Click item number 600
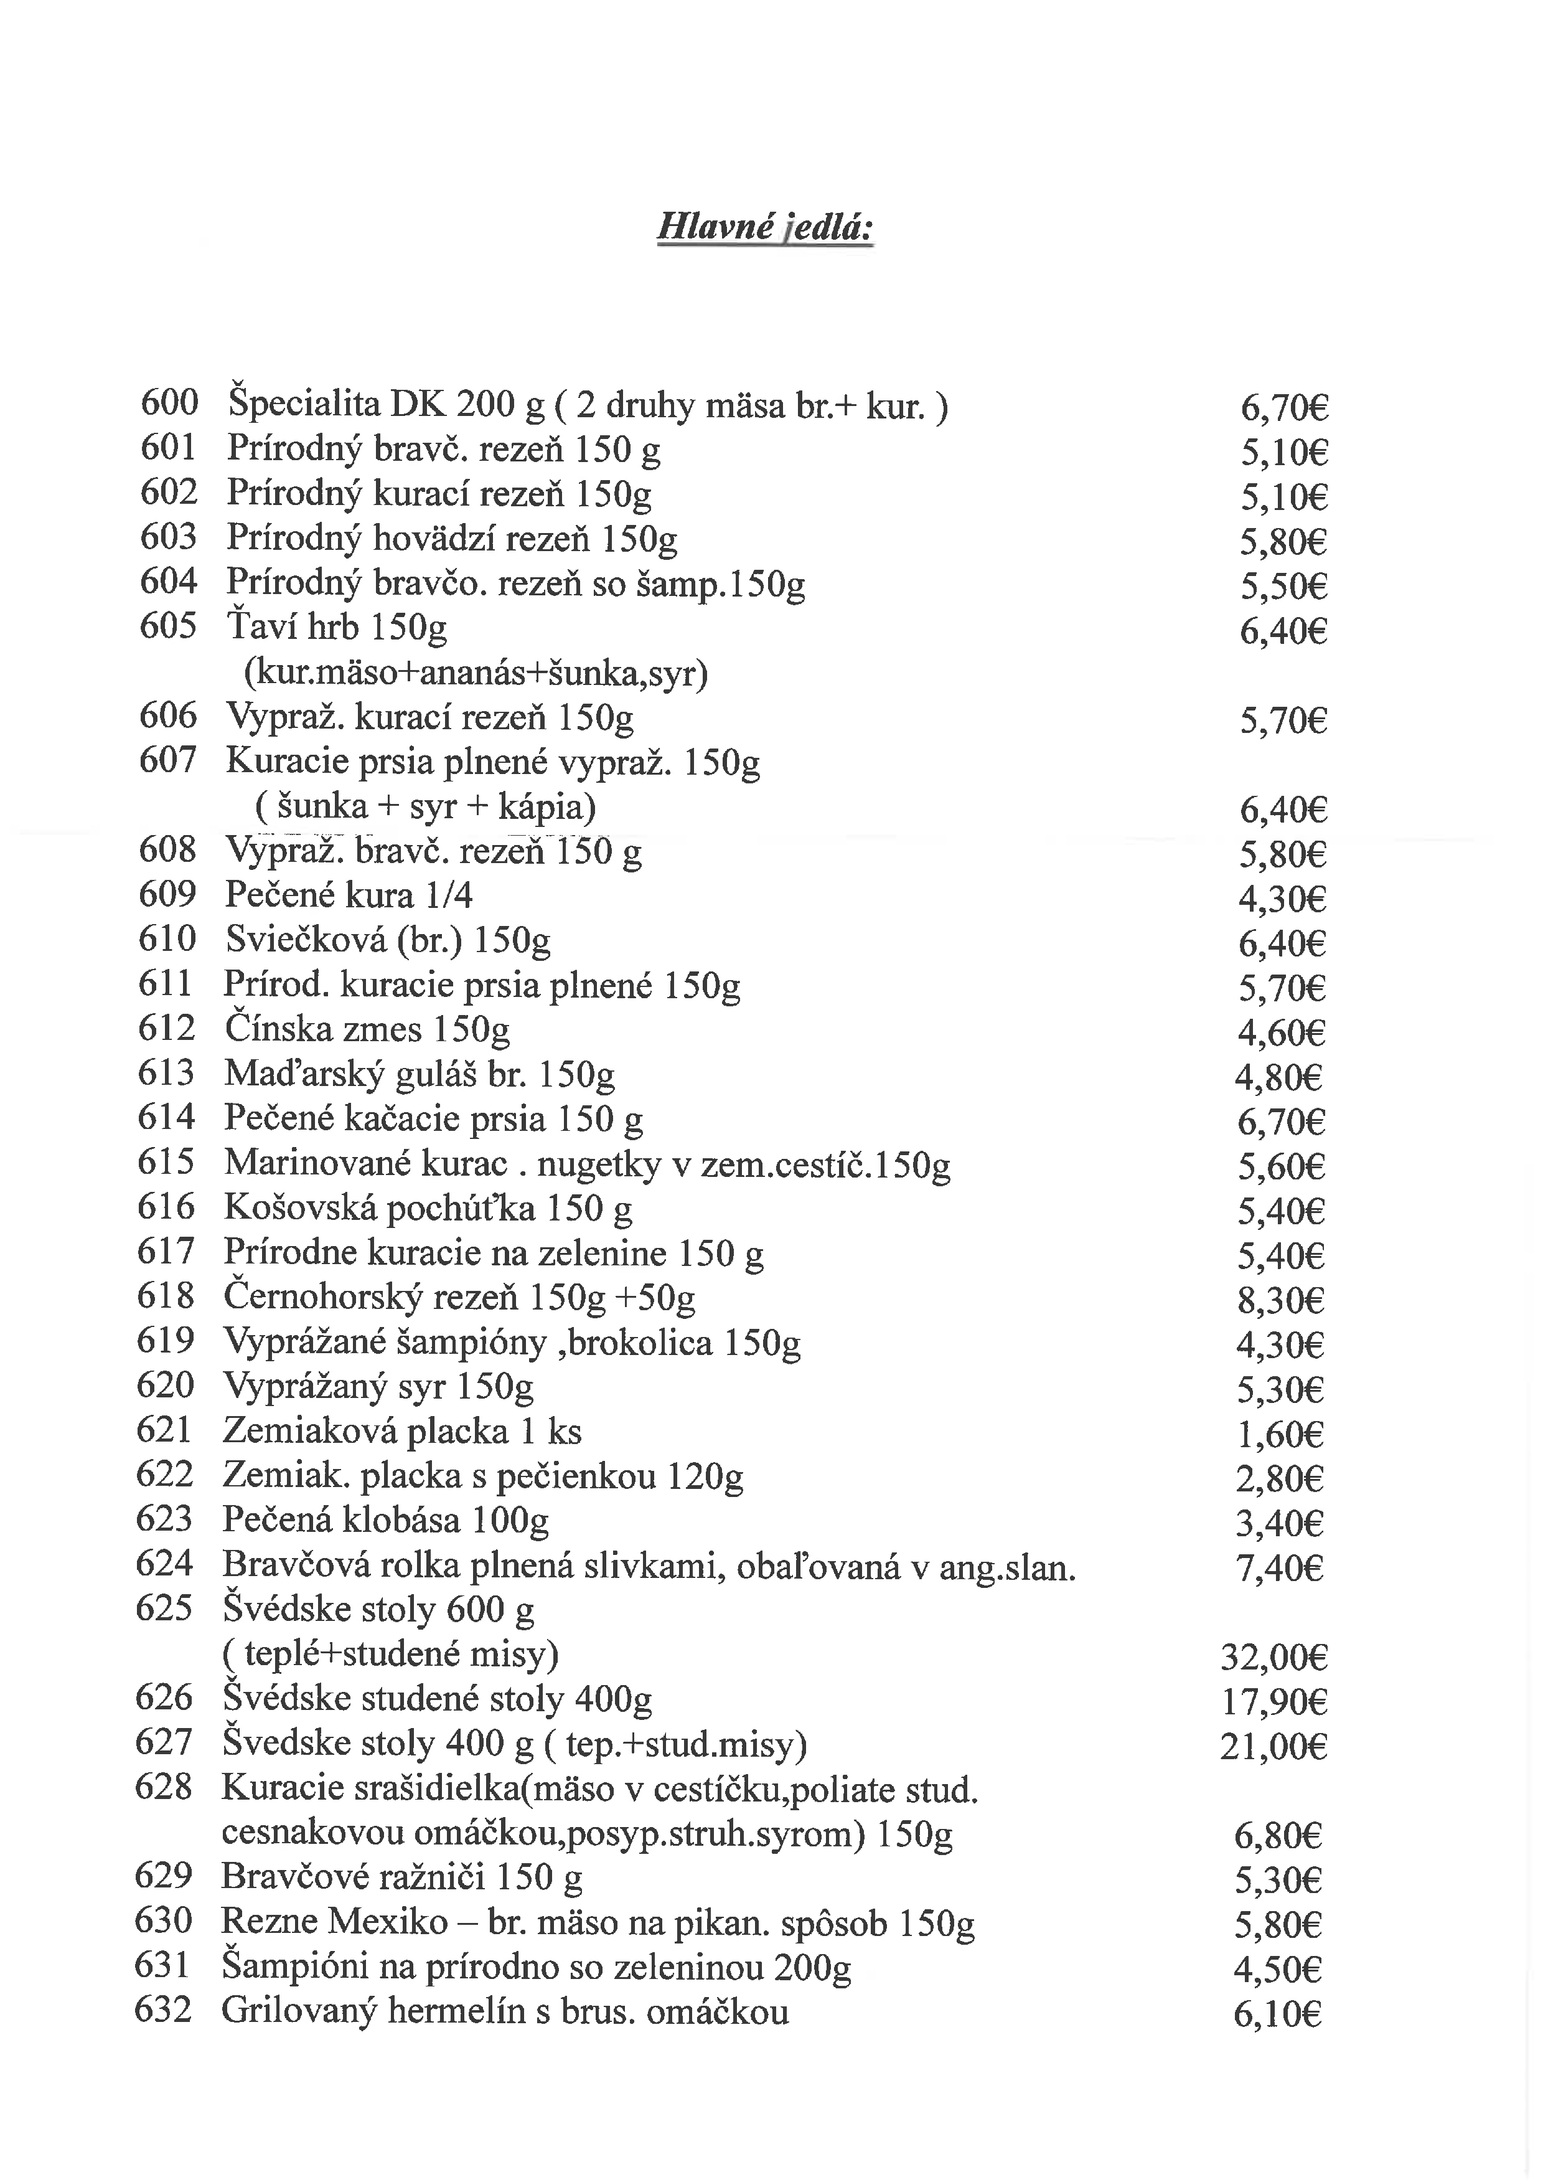[169, 403]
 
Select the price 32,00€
[1273, 1658]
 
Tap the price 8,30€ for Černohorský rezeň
[1280, 1301]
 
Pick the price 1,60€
[1280, 1435]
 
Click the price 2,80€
[1279, 1480]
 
